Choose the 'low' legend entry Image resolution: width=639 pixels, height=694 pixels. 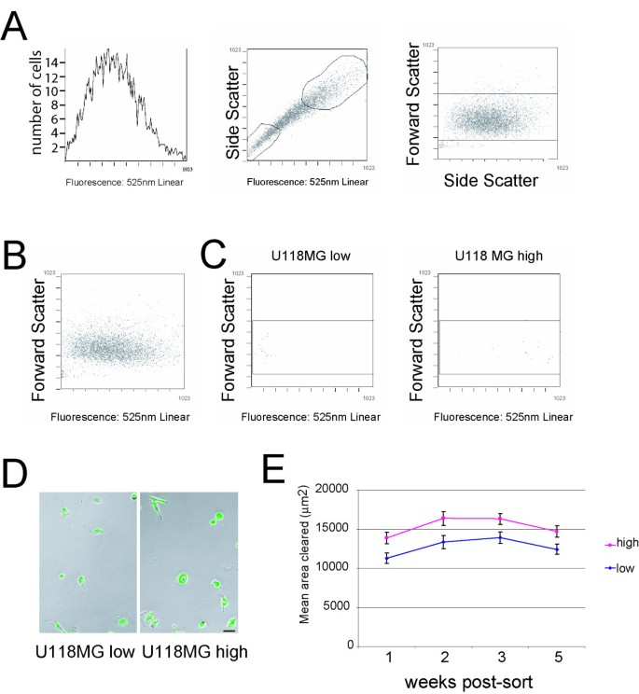(x=611, y=566)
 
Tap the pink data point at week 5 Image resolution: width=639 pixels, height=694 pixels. (x=555, y=531)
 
